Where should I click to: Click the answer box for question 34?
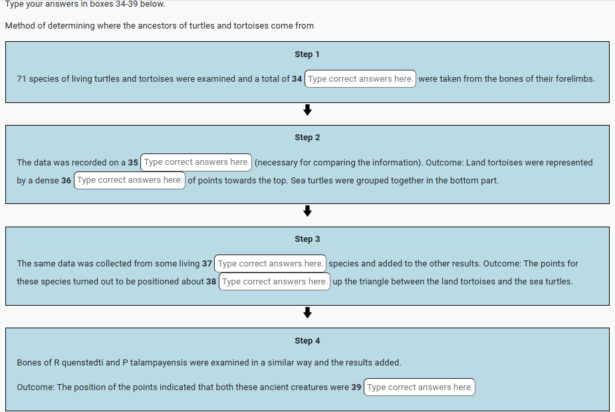(x=360, y=79)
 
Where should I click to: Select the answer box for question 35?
(x=196, y=162)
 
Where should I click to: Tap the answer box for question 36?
(x=129, y=180)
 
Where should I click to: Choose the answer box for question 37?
(x=270, y=264)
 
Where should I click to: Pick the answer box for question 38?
(x=274, y=282)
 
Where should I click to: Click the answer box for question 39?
(x=420, y=387)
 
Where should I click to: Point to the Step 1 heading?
(x=307, y=54)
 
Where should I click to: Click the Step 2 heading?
(x=307, y=138)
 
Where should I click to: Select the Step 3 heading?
(x=307, y=239)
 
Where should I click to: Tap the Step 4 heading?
(x=307, y=341)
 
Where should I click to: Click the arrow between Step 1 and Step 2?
(x=307, y=110)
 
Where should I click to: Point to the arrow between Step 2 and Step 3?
(x=307, y=211)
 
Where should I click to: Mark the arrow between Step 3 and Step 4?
(x=307, y=312)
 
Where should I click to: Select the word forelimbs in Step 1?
(x=575, y=79)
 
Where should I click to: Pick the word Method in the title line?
(x=20, y=26)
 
